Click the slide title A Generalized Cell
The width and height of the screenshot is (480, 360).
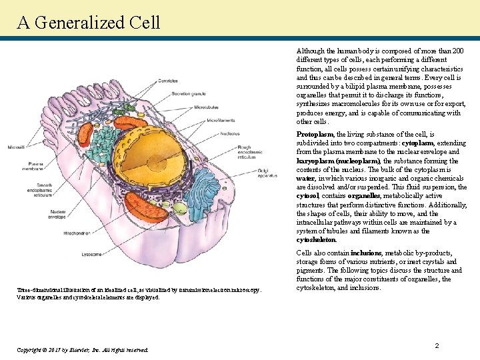pos(89,22)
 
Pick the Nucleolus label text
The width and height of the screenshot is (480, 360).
pos(231,133)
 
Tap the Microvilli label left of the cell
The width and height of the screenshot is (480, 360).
pos(17,147)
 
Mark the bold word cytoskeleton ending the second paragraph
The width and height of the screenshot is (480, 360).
pos(317,239)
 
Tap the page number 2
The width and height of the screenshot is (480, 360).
pos(437,345)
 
